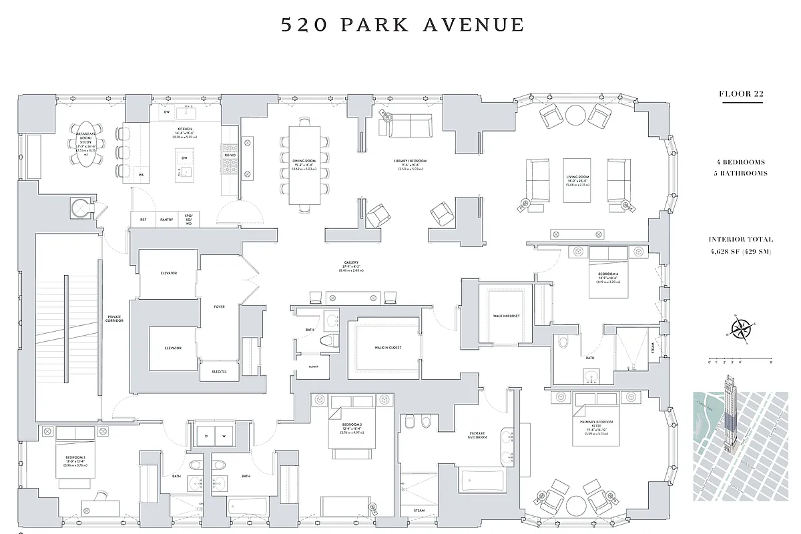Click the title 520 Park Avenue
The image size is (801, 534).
pos(403,25)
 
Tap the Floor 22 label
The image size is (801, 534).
pos(741,93)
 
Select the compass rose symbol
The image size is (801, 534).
pos(740,328)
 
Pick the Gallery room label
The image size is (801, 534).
pos(352,263)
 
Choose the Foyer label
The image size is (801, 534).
pos(220,306)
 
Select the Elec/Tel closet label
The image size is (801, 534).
pos(220,371)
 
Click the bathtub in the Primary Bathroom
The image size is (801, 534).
pos(482,481)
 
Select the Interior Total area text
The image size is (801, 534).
pos(741,245)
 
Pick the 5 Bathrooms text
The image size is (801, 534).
pos(741,174)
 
